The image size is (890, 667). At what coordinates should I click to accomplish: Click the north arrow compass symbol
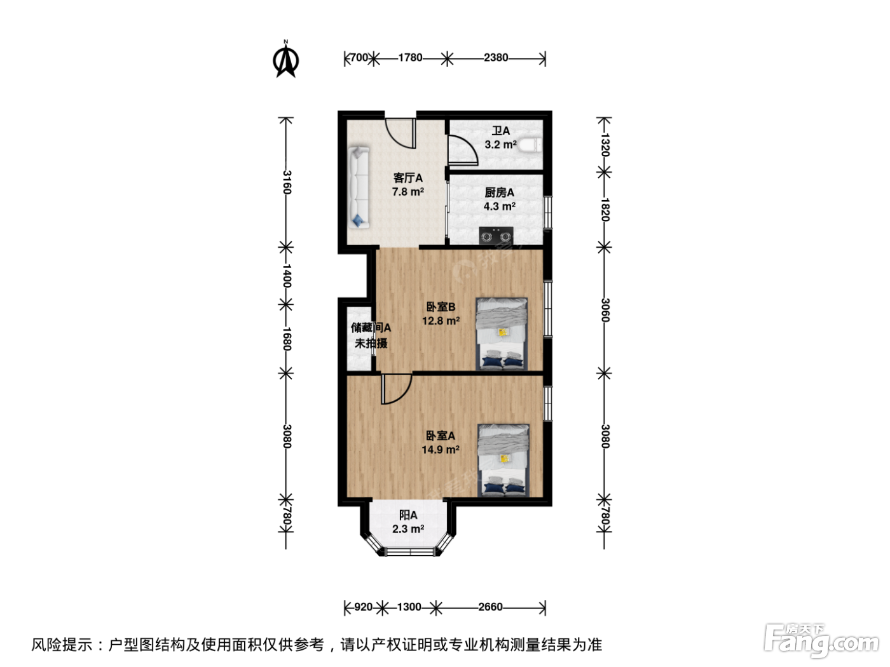pos(286,60)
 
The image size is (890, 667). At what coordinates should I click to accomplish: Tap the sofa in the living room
pos(359,187)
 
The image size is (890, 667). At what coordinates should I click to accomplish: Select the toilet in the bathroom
pos(531,145)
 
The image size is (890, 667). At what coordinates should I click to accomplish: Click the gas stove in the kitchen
pos(496,236)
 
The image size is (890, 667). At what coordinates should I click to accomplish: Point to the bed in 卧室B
pos(502,334)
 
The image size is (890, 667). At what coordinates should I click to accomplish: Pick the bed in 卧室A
pos(503,460)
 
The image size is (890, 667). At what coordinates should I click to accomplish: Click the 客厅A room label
pos(408,178)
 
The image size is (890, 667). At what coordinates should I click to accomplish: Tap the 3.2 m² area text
pos(500,144)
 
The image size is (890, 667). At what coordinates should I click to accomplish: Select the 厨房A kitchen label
pos(499,192)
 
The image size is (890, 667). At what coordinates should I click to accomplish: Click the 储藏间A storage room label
pos(371,327)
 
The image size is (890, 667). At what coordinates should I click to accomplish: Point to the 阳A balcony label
pos(408,515)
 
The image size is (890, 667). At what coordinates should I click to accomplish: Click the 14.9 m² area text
pos(441,450)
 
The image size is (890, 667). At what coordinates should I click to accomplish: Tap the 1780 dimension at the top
pos(410,58)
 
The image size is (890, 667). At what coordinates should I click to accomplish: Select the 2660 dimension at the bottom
pos(490,607)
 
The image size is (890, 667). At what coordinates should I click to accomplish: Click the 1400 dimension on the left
pos(287,276)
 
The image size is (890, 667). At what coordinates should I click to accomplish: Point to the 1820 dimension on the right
pos(605,210)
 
